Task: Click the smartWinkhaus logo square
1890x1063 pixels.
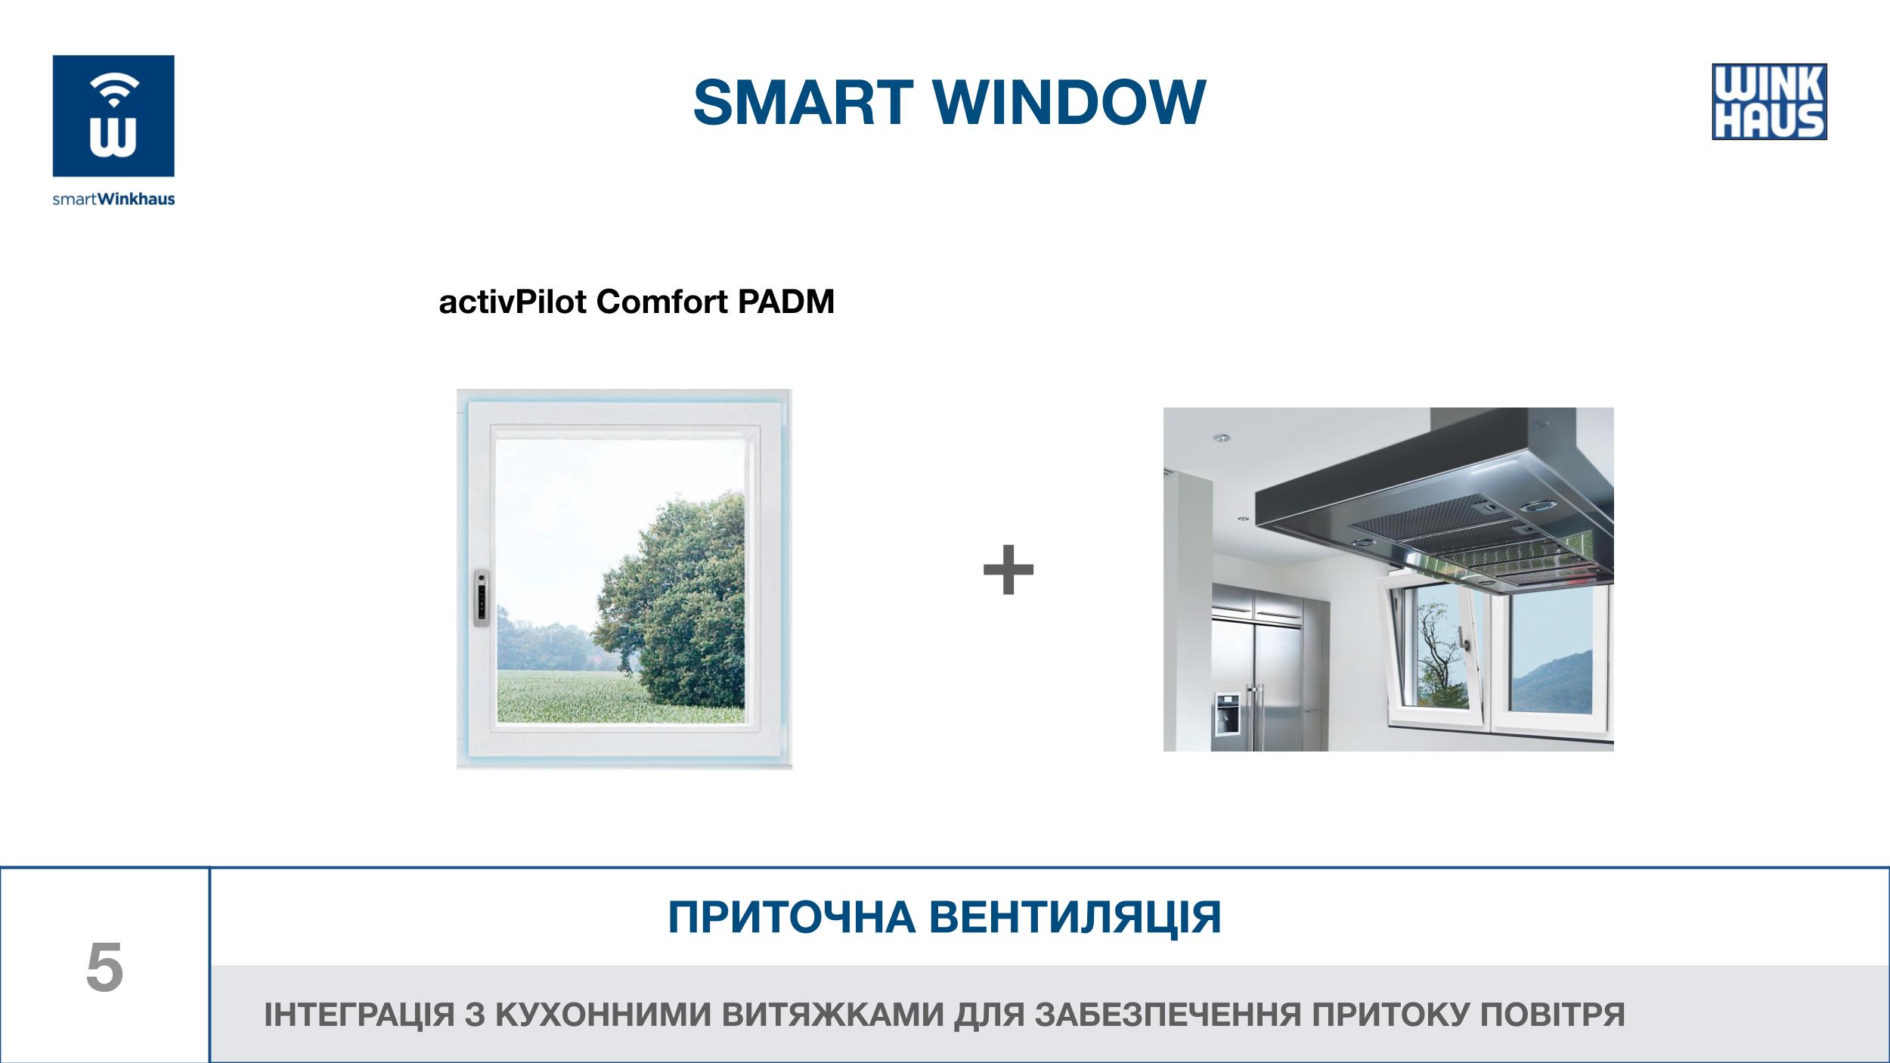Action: (113, 116)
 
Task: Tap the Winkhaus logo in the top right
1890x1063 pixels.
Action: (1769, 101)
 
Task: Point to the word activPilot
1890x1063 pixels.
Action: (513, 302)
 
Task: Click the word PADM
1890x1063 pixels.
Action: (785, 302)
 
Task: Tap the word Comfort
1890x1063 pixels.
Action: (662, 302)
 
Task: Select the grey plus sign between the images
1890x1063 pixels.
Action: (1008, 569)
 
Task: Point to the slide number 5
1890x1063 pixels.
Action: (104, 968)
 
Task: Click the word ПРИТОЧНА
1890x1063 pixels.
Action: (792, 917)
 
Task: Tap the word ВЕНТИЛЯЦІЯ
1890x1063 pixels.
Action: (1075, 917)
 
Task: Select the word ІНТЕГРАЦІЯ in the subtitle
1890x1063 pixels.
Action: (358, 1015)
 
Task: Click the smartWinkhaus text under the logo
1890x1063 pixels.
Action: (113, 199)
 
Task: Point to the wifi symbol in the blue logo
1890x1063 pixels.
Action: (113, 91)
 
